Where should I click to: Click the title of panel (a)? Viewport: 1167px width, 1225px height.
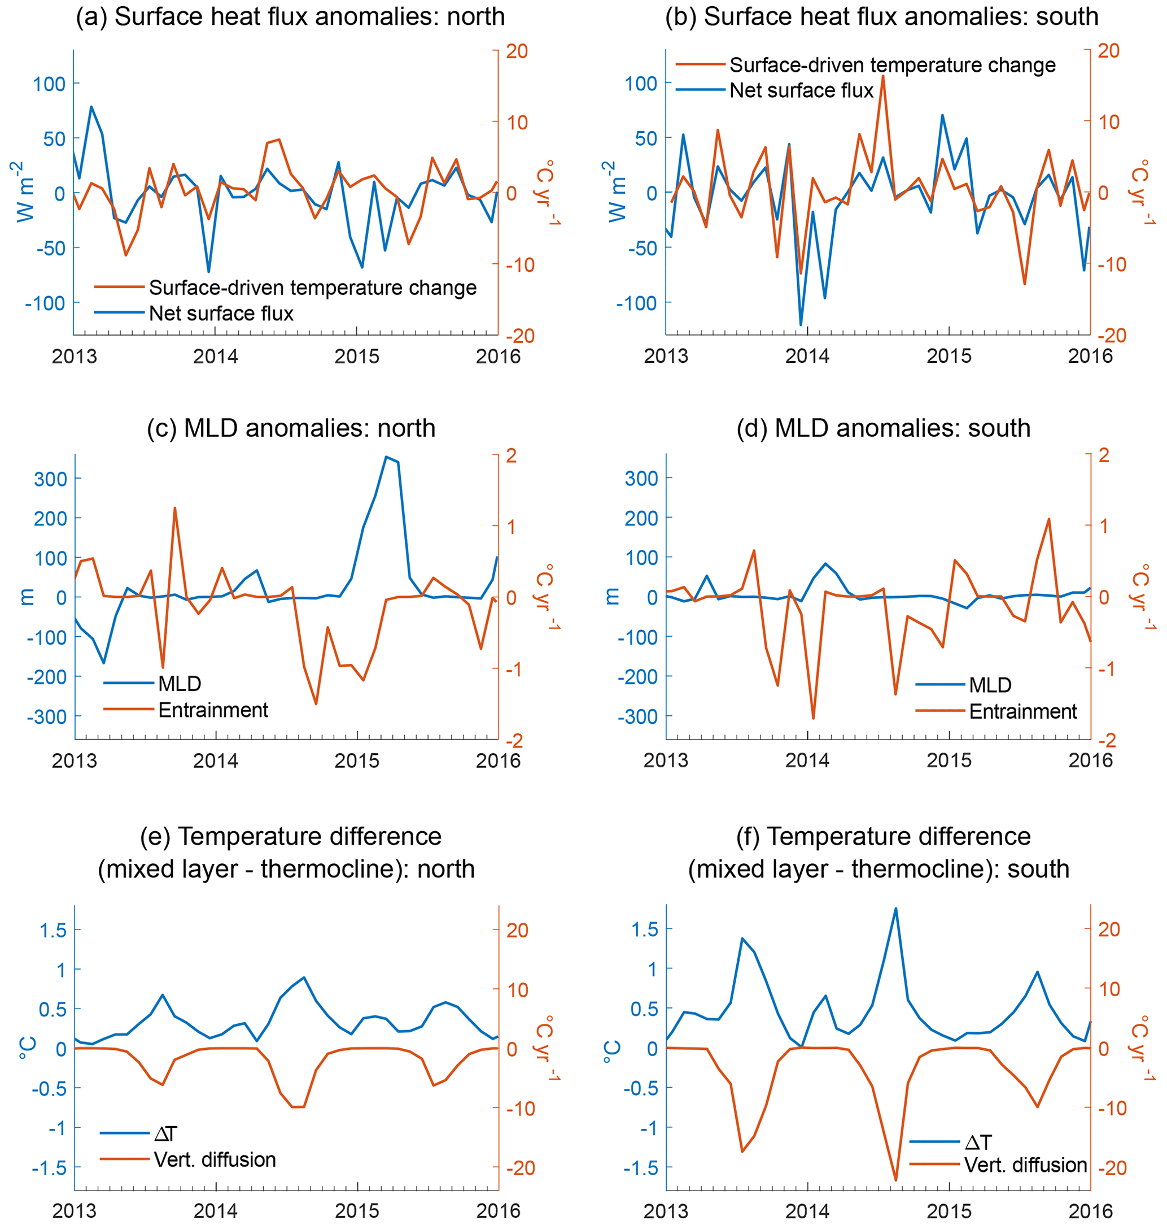[x=290, y=17]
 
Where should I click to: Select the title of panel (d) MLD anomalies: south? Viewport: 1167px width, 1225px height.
[x=884, y=428]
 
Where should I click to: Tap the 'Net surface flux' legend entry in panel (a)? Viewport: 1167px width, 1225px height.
[x=221, y=313]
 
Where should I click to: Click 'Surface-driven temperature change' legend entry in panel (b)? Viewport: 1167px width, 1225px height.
[x=892, y=65]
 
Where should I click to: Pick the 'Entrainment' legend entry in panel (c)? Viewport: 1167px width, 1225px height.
[x=213, y=710]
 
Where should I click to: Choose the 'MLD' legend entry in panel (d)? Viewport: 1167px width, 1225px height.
[x=990, y=685]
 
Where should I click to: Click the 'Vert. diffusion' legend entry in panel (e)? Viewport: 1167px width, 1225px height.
[x=215, y=1159]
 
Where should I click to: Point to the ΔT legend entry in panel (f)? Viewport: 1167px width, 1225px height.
[x=978, y=1141]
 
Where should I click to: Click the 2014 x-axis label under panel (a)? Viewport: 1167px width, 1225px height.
[x=215, y=357]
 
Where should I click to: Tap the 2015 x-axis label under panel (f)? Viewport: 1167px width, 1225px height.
[x=949, y=1211]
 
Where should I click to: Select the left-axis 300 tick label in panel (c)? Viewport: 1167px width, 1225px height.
[x=50, y=479]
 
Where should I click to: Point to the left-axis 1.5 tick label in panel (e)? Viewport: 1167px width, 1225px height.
[x=53, y=930]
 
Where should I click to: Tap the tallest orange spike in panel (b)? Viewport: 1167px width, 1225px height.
[x=882, y=76]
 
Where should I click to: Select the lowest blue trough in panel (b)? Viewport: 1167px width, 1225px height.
[x=801, y=325]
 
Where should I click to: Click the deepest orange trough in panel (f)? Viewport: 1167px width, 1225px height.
[x=895, y=1180]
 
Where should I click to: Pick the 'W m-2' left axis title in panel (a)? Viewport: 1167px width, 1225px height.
[x=25, y=192]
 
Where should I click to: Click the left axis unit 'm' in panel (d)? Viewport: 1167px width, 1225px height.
[x=611, y=596]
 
